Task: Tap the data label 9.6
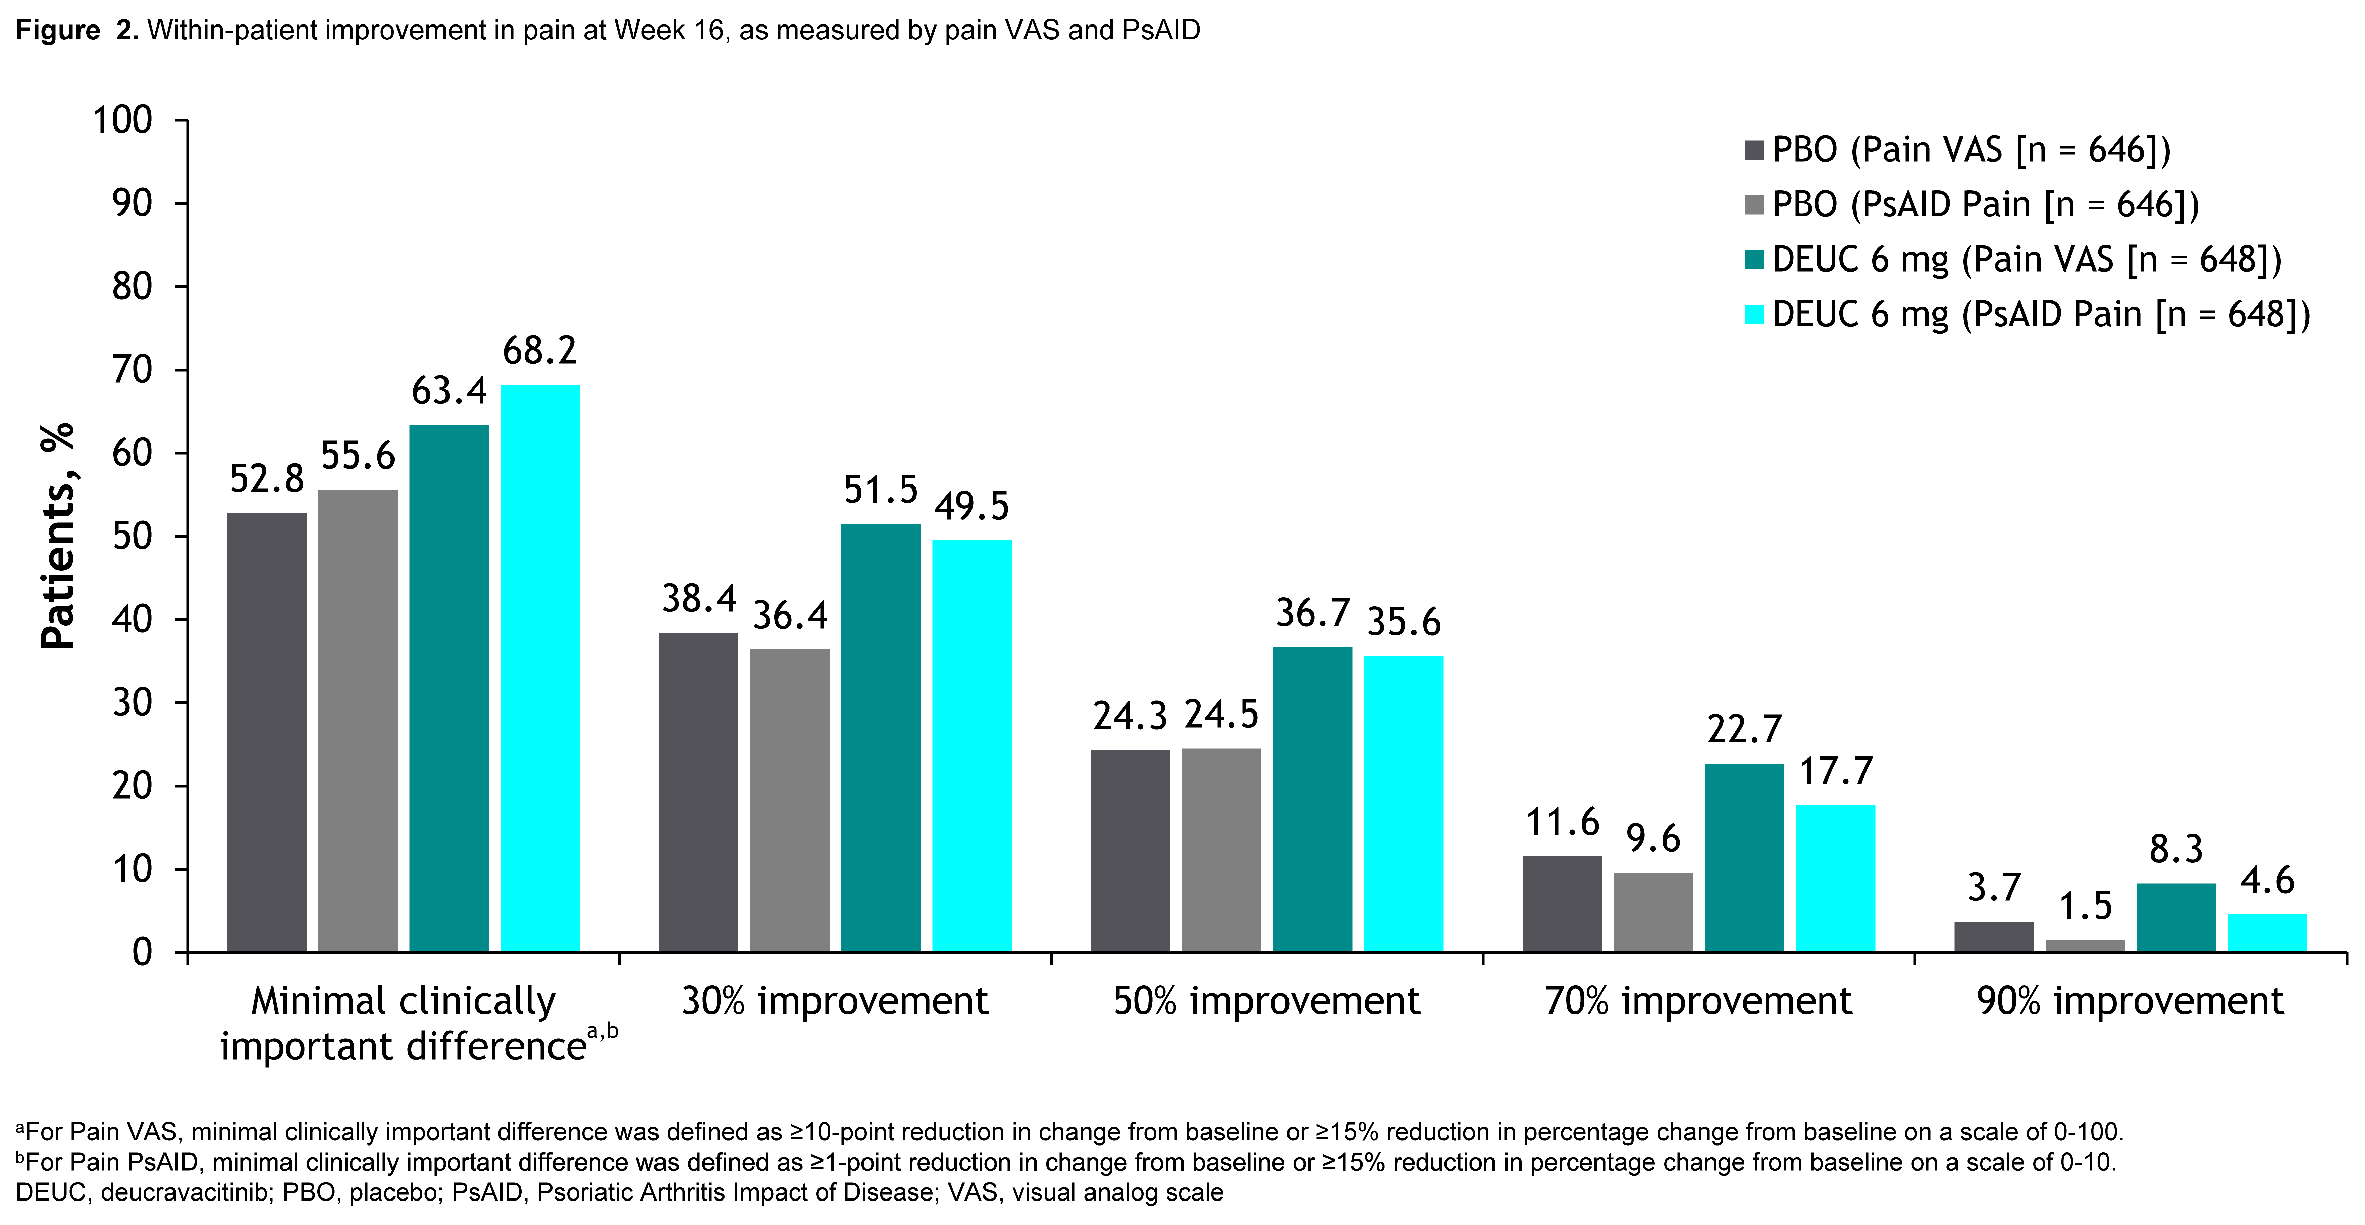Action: [x=1652, y=838]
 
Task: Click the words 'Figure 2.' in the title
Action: [x=77, y=30]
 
